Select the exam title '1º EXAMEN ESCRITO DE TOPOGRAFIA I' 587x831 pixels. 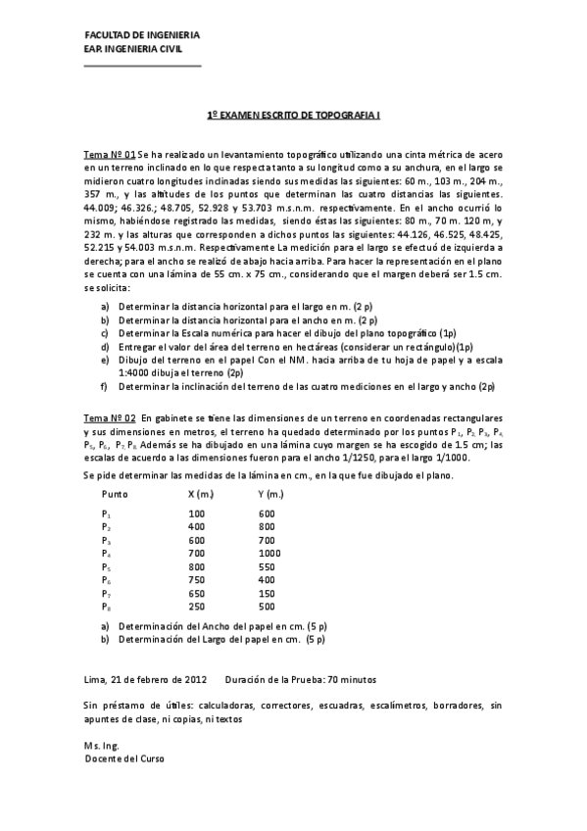(294, 115)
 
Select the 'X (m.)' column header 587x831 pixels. (201, 494)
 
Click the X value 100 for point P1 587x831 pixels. (196, 513)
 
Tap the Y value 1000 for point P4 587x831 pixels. (269, 554)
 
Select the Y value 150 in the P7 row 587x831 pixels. (267, 593)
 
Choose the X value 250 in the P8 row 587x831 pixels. (196, 607)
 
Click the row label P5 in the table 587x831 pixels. (106, 567)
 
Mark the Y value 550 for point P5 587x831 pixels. (267, 567)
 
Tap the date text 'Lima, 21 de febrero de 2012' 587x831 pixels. (146, 679)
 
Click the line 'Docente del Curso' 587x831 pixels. (124, 758)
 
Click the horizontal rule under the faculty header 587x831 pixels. (142, 66)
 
